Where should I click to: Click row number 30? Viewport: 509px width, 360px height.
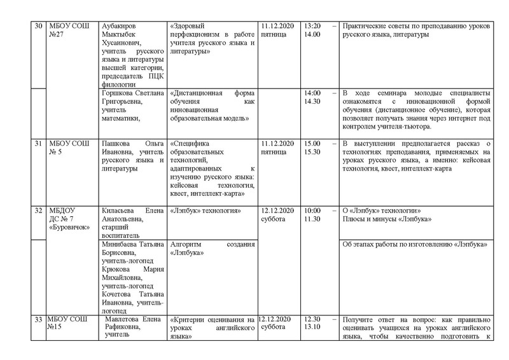click(38, 26)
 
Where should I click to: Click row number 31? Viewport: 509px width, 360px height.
click(38, 143)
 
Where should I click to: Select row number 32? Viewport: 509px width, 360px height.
click(38, 211)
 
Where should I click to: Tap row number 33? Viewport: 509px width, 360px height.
click(38, 319)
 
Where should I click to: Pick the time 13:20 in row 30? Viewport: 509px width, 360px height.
click(312, 26)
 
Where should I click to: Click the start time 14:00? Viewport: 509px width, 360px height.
click(313, 93)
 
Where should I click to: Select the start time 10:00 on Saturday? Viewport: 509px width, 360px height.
click(312, 211)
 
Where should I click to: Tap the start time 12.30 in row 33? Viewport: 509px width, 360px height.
click(312, 319)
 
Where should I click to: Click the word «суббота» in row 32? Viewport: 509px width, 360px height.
click(274, 219)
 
